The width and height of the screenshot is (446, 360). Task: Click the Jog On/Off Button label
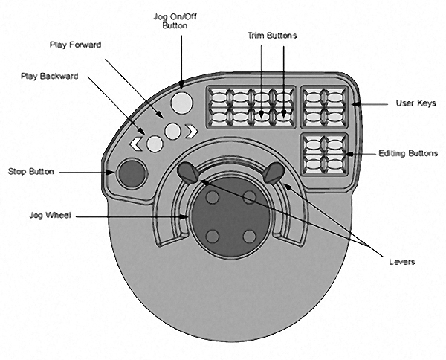click(x=181, y=20)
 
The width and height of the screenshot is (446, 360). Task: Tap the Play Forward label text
click(x=74, y=45)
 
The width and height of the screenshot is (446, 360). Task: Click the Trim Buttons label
click(x=272, y=35)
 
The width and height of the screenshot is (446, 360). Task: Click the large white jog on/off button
click(x=181, y=102)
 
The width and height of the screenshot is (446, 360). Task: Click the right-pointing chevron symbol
click(x=193, y=132)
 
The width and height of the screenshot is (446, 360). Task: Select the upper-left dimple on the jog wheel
click(x=212, y=197)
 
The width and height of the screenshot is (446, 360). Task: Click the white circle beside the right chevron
click(x=173, y=132)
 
